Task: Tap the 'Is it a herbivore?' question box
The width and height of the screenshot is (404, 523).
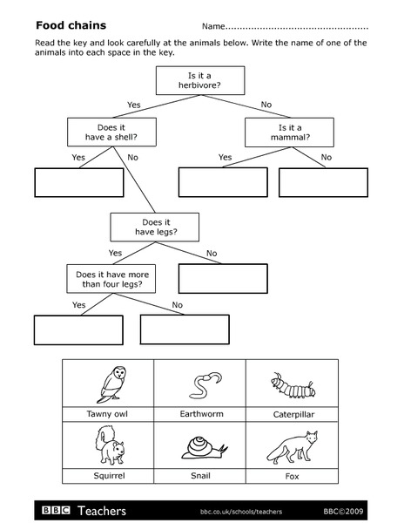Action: pyautogui.click(x=199, y=80)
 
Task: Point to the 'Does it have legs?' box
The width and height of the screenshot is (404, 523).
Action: pyautogui.click(x=154, y=227)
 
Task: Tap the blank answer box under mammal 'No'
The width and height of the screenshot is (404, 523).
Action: pyautogui.click(x=323, y=182)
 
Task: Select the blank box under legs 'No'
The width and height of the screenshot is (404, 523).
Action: pyautogui.click(x=222, y=277)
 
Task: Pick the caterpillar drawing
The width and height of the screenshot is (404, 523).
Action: pyautogui.click(x=291, y=384)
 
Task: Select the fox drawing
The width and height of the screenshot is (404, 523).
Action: pyautogui.click(x=291, y=446)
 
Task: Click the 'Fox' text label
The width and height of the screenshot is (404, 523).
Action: pyautogui.click(x=292, y=477)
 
